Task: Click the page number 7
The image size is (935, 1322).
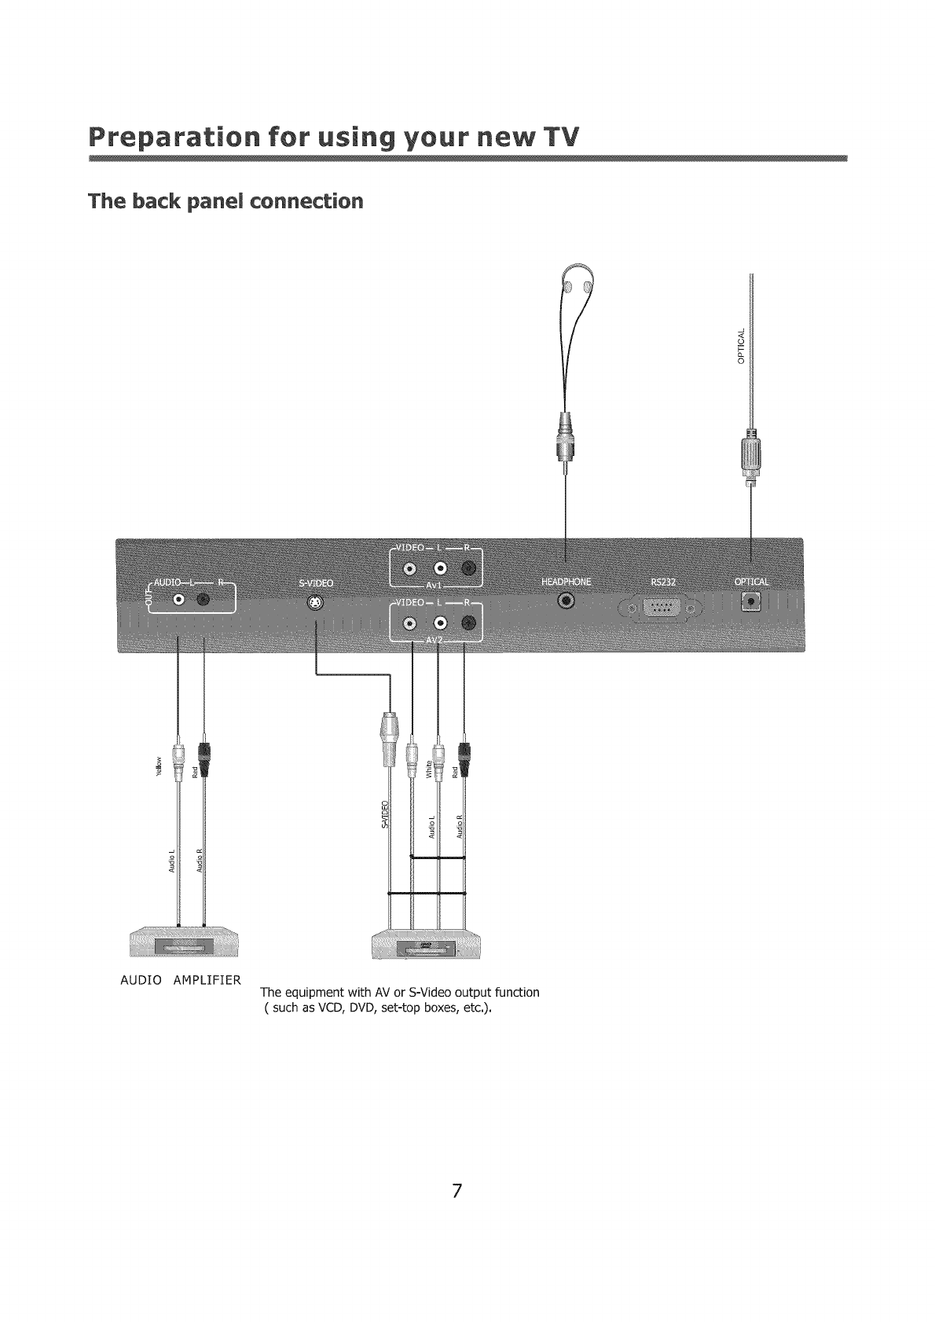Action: click(456, 1212)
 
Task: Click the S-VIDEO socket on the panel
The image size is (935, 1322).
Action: click(315, 604)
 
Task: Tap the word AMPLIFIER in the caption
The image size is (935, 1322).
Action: click(207, 980)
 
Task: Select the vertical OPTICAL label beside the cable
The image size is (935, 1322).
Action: click(739, 346)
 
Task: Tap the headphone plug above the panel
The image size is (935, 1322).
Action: click(566, 440)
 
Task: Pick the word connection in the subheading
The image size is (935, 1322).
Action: click(312, 201)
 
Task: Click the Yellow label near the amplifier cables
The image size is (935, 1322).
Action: click(159, 767)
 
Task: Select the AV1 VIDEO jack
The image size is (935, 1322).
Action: click(409, 569)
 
